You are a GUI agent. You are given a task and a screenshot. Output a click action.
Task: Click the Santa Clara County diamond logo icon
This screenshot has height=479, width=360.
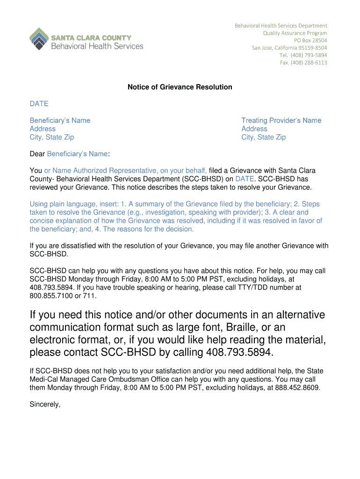pyautogui.click(x=39, y=39)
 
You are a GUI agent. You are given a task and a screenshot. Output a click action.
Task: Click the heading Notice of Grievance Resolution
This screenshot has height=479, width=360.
pyautogui.click(x=180, y=87)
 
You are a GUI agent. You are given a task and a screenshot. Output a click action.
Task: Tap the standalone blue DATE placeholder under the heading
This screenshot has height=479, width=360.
pyautogui.click(x=39, y=103)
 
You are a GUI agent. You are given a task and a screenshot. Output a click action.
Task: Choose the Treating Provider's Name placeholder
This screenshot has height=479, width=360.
pyautogui.click(x=281, y=120)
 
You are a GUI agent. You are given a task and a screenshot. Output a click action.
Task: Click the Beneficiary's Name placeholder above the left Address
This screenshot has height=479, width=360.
pyautogui.click(x=60, y=120)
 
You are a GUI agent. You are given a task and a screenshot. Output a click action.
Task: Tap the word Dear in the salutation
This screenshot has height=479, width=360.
pyautogui.click(x=37, y=153)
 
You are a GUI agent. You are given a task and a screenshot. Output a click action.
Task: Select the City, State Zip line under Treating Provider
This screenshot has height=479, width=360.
pyautogui.click(x=263, y=137)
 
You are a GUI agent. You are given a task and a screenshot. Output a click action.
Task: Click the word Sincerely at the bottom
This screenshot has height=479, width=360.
pyautogui.click(x=45, y=405)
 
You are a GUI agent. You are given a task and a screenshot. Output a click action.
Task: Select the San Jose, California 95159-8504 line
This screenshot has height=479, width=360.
pyautogui.click(x=289, y=48)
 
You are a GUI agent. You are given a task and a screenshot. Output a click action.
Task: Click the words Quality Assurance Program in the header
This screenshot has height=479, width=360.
pyautogui.click(x=295, y=33)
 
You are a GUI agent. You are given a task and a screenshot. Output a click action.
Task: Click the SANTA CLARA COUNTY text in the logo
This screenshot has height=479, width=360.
pyautogui.click(x=91, y=37)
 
